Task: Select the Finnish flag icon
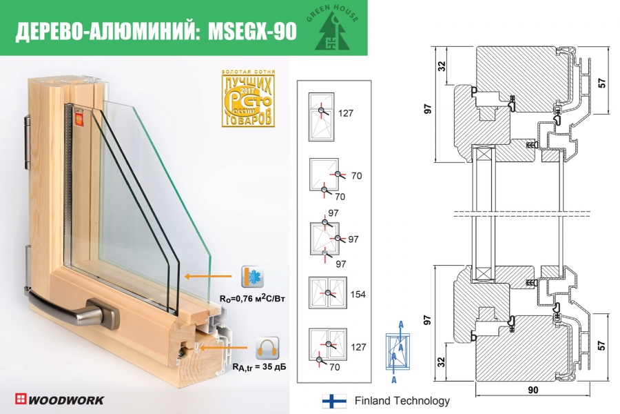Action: [333, 401]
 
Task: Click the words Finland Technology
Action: [402, 401]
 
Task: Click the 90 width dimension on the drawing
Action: [533, 391]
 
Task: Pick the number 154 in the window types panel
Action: [358, 295]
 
